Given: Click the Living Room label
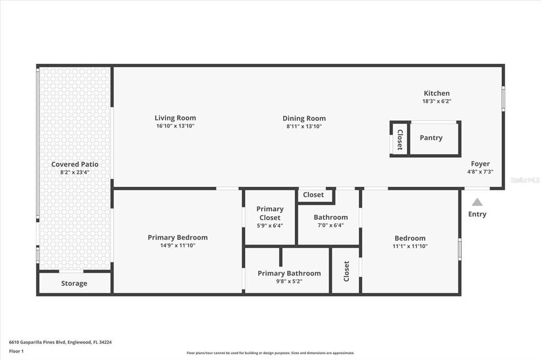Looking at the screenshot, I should pyautogui.click(x=175, y=118).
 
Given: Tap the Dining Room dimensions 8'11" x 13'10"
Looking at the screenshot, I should pyautogui.click(x=304, y=126).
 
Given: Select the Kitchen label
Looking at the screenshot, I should pyautogui.click(x=436, y=93).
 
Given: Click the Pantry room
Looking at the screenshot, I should pyautogui.click(x=431, y=138).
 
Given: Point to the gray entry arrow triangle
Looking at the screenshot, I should pyautogui.click(x=477, y=202).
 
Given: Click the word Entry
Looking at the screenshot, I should pyautogui.click(x=477, y=214).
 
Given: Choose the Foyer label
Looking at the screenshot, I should pyautogui.click(x=480, y=164).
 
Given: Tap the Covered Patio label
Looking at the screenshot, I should pyautogui.click(x=74, y=164).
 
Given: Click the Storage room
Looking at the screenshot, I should pyautogui.click(x=74, y=283).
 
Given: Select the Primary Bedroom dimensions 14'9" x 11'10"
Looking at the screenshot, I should pyautogui.click(x=178, y=245).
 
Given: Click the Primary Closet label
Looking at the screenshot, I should pyautogui.click(x=269, y=213).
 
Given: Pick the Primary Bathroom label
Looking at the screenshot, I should pyautogui.click(x=289, y=273).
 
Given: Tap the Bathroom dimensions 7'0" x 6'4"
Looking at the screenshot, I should pyautogui.click(x=331, y=225).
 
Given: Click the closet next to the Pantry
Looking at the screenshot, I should pyautogui.click(x=399, y=139).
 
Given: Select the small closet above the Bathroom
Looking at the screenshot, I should pyautogui.click(x=313, y=195).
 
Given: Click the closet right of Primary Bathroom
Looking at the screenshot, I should pyautogui.click(x=346, y=271).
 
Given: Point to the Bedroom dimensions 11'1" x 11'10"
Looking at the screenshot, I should pyautogui.click(x=409, y=246).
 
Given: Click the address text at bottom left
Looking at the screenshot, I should pyautogui.click(x=60, y=342).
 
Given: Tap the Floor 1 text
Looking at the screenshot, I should pyautogui.click(x=16, y=350).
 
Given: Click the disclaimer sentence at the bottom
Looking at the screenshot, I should pyautogui.click(x=270, y=353).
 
